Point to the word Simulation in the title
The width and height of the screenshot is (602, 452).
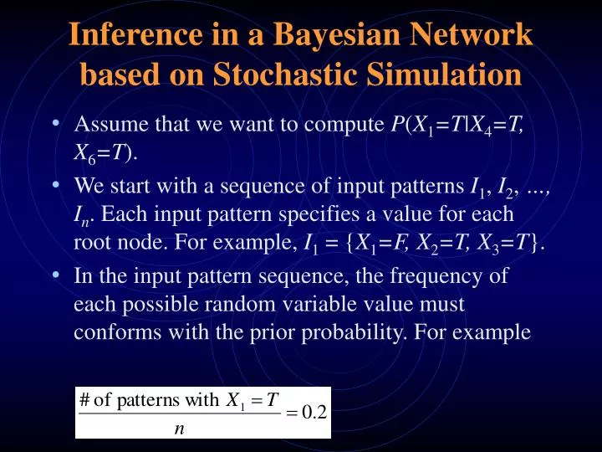click(442, 74)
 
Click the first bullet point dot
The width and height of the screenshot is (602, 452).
click(54, 123)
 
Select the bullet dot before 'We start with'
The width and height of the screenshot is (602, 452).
click(54, 183)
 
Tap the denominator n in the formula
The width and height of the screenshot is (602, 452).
click(179, 429)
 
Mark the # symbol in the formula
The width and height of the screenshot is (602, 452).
click(84, 399)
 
